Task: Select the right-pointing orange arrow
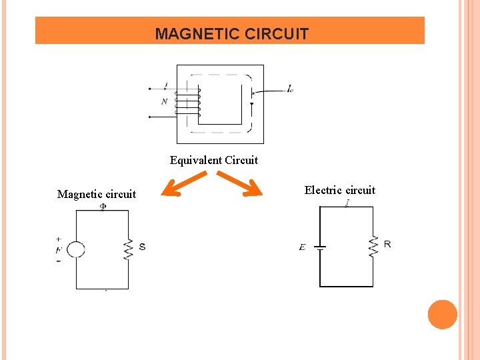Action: tap(240, 185)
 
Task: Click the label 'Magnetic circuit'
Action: tap(97, 195)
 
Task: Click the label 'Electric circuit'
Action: tap(340, 191)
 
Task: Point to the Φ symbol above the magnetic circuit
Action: tap(103, 207)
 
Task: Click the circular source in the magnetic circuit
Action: tap(76, 250)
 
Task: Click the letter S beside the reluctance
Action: tap(142, 247)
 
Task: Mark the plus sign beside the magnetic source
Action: tap(59, 238)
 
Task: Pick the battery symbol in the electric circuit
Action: tap(320, 247)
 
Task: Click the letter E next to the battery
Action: tap(303, 247)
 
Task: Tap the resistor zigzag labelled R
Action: tap(373, 247)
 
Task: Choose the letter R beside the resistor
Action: tap(387, 244)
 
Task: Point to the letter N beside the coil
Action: tap(164, 102)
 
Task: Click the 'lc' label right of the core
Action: tap(290, 89)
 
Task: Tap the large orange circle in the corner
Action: tap(442, 315)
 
